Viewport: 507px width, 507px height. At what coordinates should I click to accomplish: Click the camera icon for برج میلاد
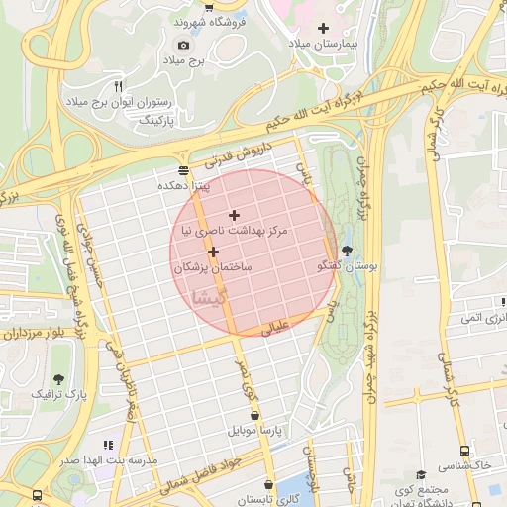[x=183, y=45]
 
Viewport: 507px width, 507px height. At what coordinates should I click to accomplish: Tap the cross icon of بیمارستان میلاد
[x=324, y=28]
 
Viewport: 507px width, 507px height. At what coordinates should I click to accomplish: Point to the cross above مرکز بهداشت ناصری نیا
[x=234, y=215]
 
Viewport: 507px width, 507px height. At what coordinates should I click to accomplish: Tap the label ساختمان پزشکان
[x=213, y=267]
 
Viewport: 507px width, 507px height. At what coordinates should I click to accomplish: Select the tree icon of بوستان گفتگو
[x=346, y=251]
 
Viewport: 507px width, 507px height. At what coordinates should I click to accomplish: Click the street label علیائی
[x=273, y=329]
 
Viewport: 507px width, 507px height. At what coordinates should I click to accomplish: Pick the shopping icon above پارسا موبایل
[x=255, y=415]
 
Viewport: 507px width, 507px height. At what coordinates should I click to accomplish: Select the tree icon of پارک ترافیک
[x=59, y=378]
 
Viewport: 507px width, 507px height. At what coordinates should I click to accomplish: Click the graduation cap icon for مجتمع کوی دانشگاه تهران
[x=421, y=475]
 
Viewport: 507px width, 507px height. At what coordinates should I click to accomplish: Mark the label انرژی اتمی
[x=484, y=318]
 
